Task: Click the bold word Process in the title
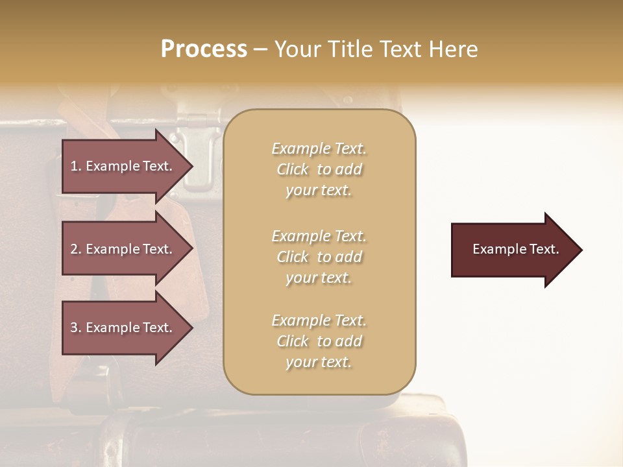coord(204,49)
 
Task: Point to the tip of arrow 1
coord(191,167)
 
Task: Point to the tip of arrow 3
coord(191,328)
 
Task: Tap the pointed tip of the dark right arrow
coord(581,250)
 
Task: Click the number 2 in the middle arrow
coord(73,249)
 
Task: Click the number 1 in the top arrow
coord(73,166)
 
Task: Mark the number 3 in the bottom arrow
coord(73,328)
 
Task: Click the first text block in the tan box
coord(319,169)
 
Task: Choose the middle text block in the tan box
coord(319,257)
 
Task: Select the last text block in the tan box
coord(319,341)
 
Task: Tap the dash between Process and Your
coord(261,49)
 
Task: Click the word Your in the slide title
coord(299,49)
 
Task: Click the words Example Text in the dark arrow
coord(516,249)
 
